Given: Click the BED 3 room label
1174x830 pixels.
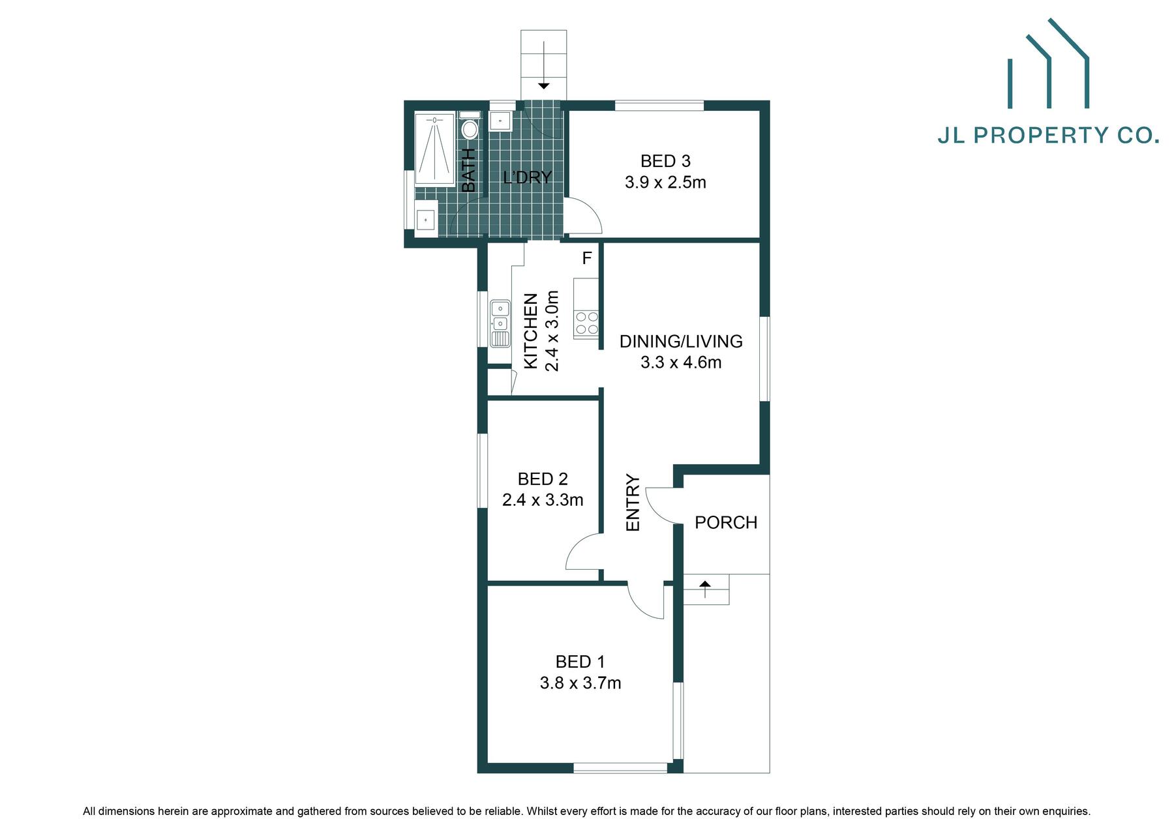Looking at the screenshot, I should click(665, 161).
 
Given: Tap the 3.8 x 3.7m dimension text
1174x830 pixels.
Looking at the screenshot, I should click(580, 683).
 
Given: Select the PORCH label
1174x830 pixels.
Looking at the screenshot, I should click(725, 523).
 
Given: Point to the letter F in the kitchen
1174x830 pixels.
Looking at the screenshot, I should click(586, 259).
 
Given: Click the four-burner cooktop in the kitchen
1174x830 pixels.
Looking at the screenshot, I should click(586, 324).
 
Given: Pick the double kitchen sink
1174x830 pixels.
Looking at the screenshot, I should click(500, 315).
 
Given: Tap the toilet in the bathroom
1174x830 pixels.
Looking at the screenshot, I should click(469, 128).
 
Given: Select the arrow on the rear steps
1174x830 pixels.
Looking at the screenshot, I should click(543, 85).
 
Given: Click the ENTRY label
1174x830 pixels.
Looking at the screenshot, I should click(633, 503).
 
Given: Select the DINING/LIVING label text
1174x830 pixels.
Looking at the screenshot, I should click(680, 342).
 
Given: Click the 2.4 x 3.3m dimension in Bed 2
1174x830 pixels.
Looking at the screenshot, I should click(543, 500).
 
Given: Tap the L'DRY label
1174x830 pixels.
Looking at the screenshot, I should click(527, 177).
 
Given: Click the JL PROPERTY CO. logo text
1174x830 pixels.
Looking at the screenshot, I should click(1048, 135).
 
